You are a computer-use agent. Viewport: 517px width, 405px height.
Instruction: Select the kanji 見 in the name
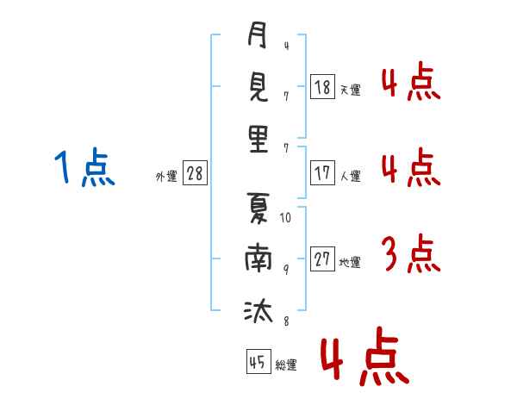coord(258,89)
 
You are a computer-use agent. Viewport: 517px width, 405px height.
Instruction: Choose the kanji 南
coord(258,259)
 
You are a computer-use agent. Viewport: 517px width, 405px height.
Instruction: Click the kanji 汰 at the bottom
coord(258,310)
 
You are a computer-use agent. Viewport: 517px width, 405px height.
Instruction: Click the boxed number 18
coord(323,86)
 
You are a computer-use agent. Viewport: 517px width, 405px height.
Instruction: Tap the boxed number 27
coord(323,259)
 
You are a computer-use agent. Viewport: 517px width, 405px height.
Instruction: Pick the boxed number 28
coord(195,173)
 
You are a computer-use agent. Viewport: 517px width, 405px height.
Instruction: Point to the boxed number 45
coord(258,362)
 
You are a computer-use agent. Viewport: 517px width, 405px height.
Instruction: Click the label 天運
coord(350,89)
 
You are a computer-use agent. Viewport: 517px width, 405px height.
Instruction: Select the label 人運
coord(350,176)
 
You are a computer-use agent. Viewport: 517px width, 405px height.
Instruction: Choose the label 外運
coord(166,176)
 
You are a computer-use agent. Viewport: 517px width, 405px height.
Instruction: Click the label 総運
coord(286,364)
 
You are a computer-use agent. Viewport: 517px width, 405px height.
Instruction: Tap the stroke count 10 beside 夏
coord(286,218)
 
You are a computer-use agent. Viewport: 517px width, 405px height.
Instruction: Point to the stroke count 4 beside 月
coord(285,46)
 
